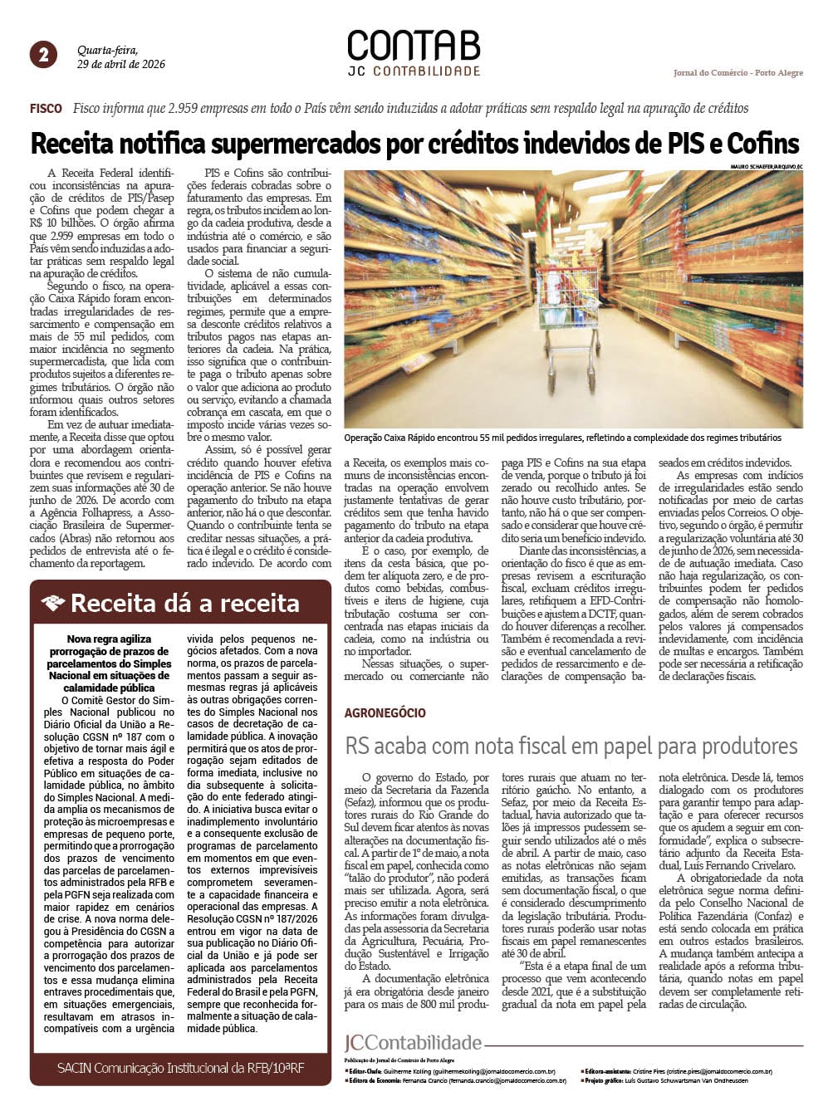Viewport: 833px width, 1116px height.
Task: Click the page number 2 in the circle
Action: click(x=43, y=55)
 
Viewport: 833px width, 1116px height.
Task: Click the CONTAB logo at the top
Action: click(x=414, y=46)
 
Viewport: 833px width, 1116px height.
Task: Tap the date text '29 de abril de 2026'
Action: click(x=121, y=64)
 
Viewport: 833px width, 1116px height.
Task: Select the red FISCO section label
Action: click(x=46, y=109)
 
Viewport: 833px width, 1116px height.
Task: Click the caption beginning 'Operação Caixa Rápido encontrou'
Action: click(x=562, y=438)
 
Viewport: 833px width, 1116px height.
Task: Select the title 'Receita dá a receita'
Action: click(x=184, y=603)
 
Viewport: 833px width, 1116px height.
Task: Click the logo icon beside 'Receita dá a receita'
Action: click(x=52, y=603)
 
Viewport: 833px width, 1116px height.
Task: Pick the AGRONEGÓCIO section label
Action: click(x=385, y=712)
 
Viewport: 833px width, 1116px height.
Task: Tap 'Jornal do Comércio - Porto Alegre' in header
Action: click(x=737, y=73)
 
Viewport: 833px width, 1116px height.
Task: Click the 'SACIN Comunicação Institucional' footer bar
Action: click(x=180, y=1068)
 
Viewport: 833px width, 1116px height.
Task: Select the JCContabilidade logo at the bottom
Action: click(x=413, y=1043)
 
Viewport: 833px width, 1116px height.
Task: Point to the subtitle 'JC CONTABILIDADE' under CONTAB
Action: click(x=414, y=71)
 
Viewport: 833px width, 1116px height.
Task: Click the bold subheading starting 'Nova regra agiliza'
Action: click(x=109, y=663)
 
